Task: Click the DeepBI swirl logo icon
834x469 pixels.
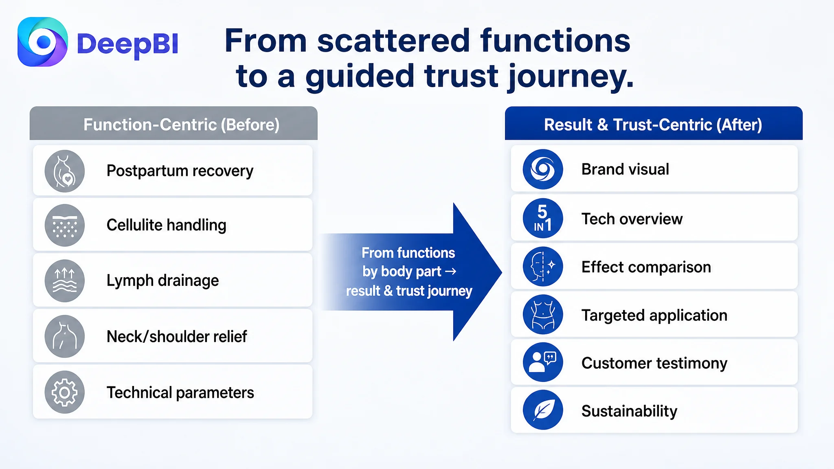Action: coord(43,42)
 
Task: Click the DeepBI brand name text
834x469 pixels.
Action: coord(127,44)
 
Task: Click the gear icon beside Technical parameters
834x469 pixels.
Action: coord(64,392)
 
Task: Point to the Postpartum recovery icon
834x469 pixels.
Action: coord(64,171)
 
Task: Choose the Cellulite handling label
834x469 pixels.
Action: coord(167,225)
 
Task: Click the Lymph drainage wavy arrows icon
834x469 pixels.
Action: coord(64,281)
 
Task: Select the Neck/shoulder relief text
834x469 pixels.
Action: coord(177,337)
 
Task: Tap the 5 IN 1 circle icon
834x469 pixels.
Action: coord(543,219)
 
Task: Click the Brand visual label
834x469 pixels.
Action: coord(625,169)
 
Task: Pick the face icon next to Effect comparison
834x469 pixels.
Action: coord(543,267)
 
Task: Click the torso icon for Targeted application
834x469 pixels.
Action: coord(543,315)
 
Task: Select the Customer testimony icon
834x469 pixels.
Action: coord(543,362)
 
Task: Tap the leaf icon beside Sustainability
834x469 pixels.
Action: coord(543,410)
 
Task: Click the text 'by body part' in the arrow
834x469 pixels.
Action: coord(402,272)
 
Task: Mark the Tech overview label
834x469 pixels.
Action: coord(632,219)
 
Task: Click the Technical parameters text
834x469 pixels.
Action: coord(180,393)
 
